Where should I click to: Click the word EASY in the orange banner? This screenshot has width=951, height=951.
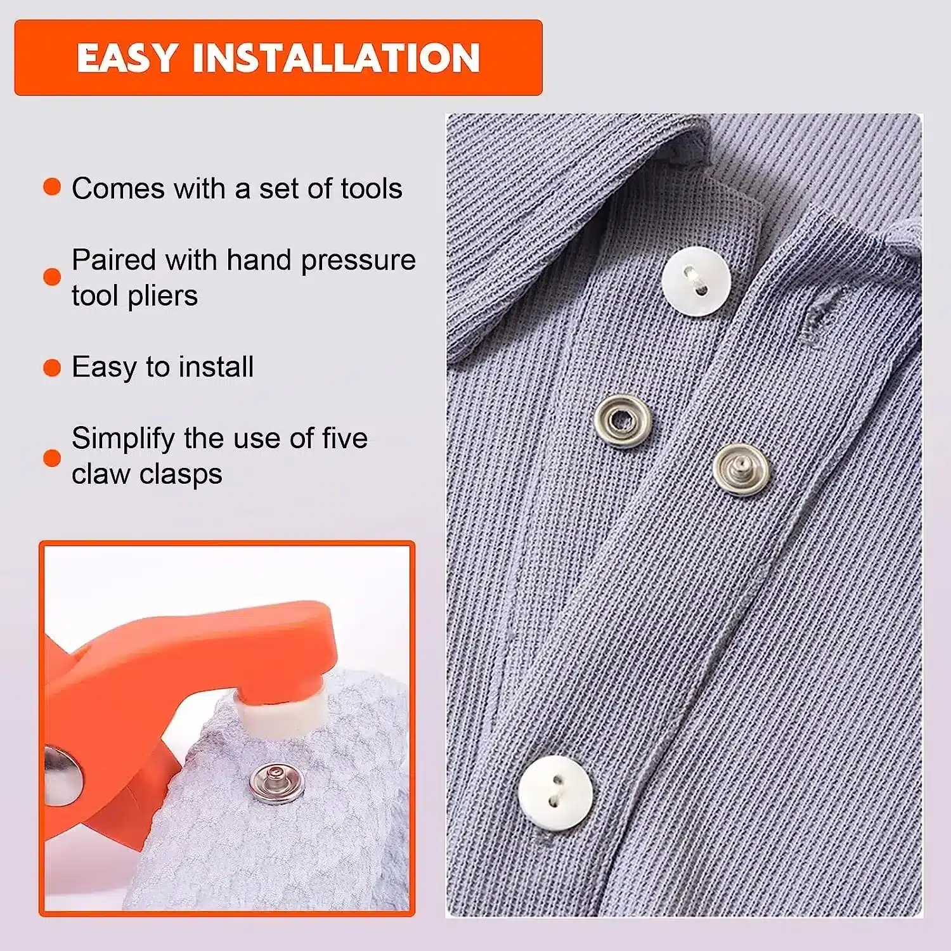coord(126,58)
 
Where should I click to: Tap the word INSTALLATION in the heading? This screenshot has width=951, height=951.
coord(336,58)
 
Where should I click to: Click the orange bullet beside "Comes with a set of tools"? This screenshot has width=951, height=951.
coord(52,187)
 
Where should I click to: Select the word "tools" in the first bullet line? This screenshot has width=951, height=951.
coord(372,188)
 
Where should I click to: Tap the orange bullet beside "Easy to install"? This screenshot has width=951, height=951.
coord(52,368)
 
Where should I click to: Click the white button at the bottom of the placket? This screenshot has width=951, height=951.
coord(555,792)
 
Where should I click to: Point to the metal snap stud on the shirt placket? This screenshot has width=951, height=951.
coord(741,469)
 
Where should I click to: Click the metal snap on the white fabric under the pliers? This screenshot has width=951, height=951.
coord(277,784)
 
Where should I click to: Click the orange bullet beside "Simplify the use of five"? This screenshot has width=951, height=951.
coord(52,458)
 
